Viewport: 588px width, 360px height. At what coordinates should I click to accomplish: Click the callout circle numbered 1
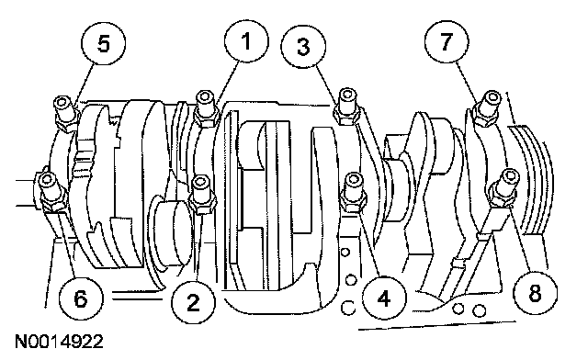click(x=246, y=41)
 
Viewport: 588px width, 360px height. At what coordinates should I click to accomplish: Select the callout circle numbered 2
click(x=193, y=302)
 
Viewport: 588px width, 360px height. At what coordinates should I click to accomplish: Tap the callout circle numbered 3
click(x=303, y=47)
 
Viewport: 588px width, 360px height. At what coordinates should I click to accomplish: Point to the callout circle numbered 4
click(x=384, y=298)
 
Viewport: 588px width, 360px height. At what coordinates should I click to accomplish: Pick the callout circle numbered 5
click(x=104, y=43)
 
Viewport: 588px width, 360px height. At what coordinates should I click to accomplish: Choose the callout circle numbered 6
click(x=81, y=298)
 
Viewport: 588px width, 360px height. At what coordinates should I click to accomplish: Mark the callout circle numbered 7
click(x=447, y=41)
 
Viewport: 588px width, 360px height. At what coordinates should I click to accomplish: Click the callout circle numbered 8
click(x=535, y=292)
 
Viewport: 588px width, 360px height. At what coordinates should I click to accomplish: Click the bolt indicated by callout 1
click(x=206, y=108)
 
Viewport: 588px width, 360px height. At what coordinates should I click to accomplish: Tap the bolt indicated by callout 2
click(x=202, y=195)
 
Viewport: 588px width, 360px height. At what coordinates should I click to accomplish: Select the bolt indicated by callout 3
click(x=347, y=107)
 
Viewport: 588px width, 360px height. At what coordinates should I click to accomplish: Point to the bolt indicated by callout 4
click(x=353, y=192)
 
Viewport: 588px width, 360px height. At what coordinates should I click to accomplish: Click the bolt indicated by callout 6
click(x=51, y=192)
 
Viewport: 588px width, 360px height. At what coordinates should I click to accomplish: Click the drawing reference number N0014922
click(x=59, y=342)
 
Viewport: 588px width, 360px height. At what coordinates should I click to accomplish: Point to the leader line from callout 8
click(x=520, y=239)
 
